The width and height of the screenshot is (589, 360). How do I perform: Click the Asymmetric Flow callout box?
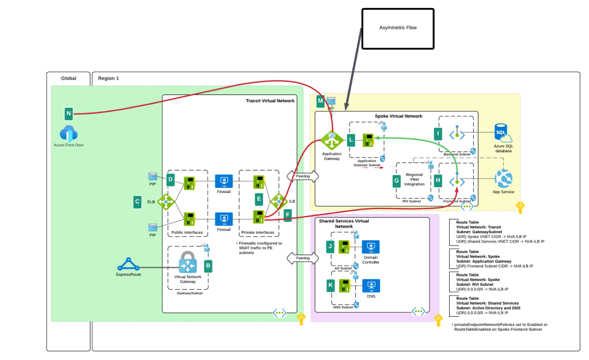pos(397,28)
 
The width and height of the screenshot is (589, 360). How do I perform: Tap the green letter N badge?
pos(69,113)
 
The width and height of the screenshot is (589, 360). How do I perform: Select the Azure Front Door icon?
pos(69,134)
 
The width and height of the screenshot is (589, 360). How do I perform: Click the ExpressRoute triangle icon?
pos(128,265)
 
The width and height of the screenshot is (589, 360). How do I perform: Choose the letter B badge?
pos(208,266)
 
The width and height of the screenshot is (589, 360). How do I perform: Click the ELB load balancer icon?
pos(166,202)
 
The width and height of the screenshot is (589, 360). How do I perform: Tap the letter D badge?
pos(171,179)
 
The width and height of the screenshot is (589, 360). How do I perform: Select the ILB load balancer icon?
pos(279,201)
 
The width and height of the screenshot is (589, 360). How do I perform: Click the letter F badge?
pos(287,215)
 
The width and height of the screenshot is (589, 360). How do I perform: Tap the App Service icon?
pos(503,179)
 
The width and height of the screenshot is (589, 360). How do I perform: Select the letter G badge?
pos(396,180)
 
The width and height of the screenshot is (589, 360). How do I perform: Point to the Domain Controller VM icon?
pos(371,247)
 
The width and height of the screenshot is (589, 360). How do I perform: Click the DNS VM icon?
pos(371,285)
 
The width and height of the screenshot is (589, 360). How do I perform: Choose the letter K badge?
pos(330,285)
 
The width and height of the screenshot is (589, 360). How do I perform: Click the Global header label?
pos(69,78)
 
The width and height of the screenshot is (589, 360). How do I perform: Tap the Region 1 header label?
pos(108,78)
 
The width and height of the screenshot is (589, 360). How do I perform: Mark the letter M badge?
pos(321,101)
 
